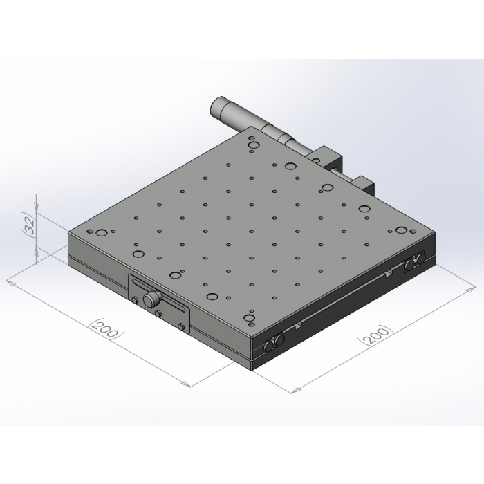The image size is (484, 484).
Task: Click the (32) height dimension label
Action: point(30,225)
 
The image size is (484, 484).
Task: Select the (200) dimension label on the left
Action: point(106,328)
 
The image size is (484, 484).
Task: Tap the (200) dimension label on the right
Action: point(375,335)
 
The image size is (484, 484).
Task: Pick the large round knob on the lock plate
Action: point(152,299)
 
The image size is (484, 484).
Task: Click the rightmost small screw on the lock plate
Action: point(182,326)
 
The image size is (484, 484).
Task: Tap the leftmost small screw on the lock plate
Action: point(135,299)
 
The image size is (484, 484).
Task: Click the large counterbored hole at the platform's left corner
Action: point(101,233)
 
